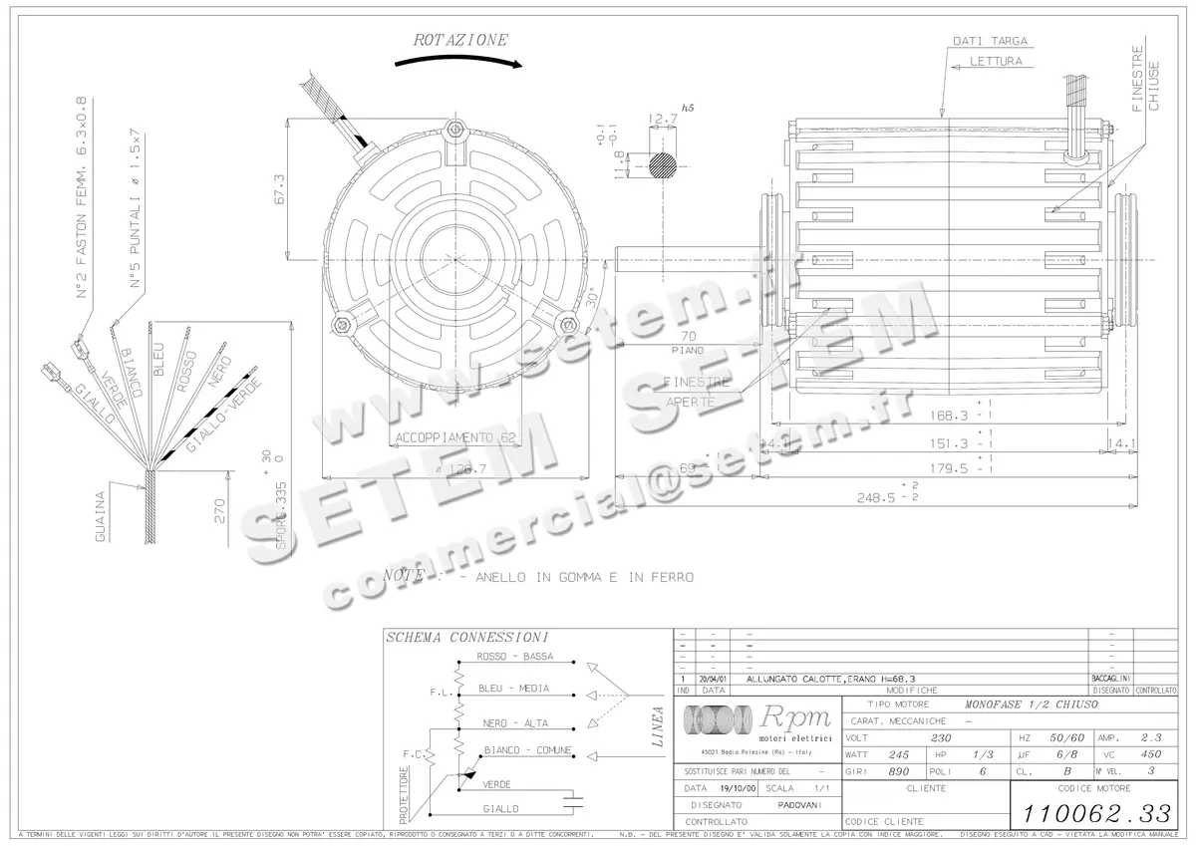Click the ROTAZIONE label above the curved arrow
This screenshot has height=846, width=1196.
tap(460, 41)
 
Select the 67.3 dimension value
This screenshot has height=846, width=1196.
tap(279, 189)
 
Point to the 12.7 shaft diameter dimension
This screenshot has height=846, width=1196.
tap(662, 120)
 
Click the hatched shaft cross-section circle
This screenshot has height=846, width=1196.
tap(662, 164)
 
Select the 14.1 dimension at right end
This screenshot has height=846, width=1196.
tap(1121, 444)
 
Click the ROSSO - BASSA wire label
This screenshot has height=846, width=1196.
tap(515, 658)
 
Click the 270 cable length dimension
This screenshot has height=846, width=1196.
tap(218, 511)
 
